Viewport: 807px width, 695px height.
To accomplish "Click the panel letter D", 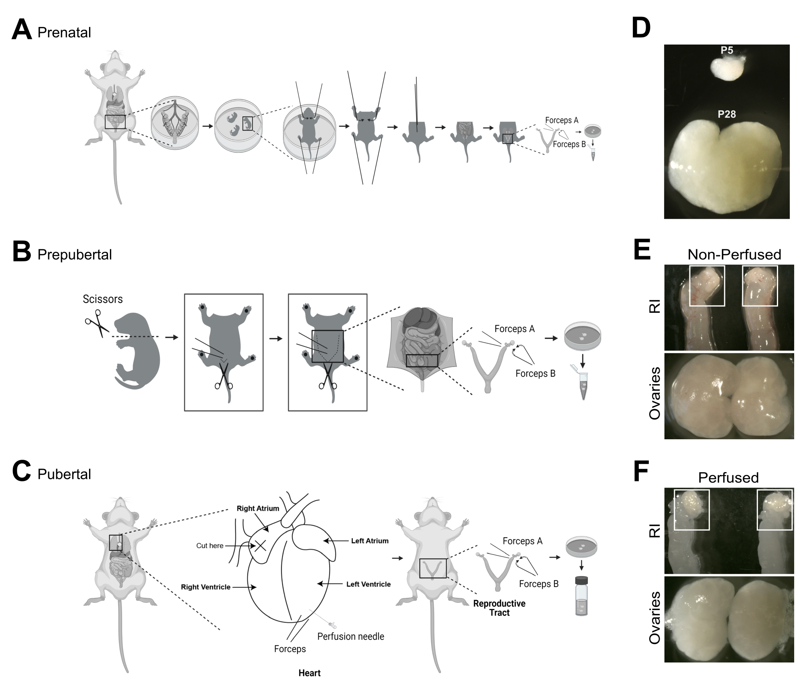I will (641, 28).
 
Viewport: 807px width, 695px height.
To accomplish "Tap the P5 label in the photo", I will (727, 50).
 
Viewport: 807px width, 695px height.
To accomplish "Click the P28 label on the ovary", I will (727, 114).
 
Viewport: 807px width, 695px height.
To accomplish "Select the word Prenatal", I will (64, 33).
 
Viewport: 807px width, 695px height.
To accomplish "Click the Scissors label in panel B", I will (102, 299).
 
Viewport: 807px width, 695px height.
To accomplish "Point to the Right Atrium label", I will (258, 508).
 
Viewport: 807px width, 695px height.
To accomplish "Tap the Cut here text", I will (210, 546).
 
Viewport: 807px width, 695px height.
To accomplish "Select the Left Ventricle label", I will (368, 584).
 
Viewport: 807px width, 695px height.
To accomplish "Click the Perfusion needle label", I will (351, 636).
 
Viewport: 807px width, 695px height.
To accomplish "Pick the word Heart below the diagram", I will (309, 673).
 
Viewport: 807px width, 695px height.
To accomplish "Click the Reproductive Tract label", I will (499, 608).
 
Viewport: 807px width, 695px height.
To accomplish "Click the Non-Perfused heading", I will (734, 255).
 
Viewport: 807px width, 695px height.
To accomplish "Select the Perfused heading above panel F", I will (728, 478).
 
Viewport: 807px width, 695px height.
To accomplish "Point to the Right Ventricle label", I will (206, 587).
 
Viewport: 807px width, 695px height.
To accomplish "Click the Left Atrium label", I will (370, 541).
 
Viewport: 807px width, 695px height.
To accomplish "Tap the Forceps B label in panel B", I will (535, 373).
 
